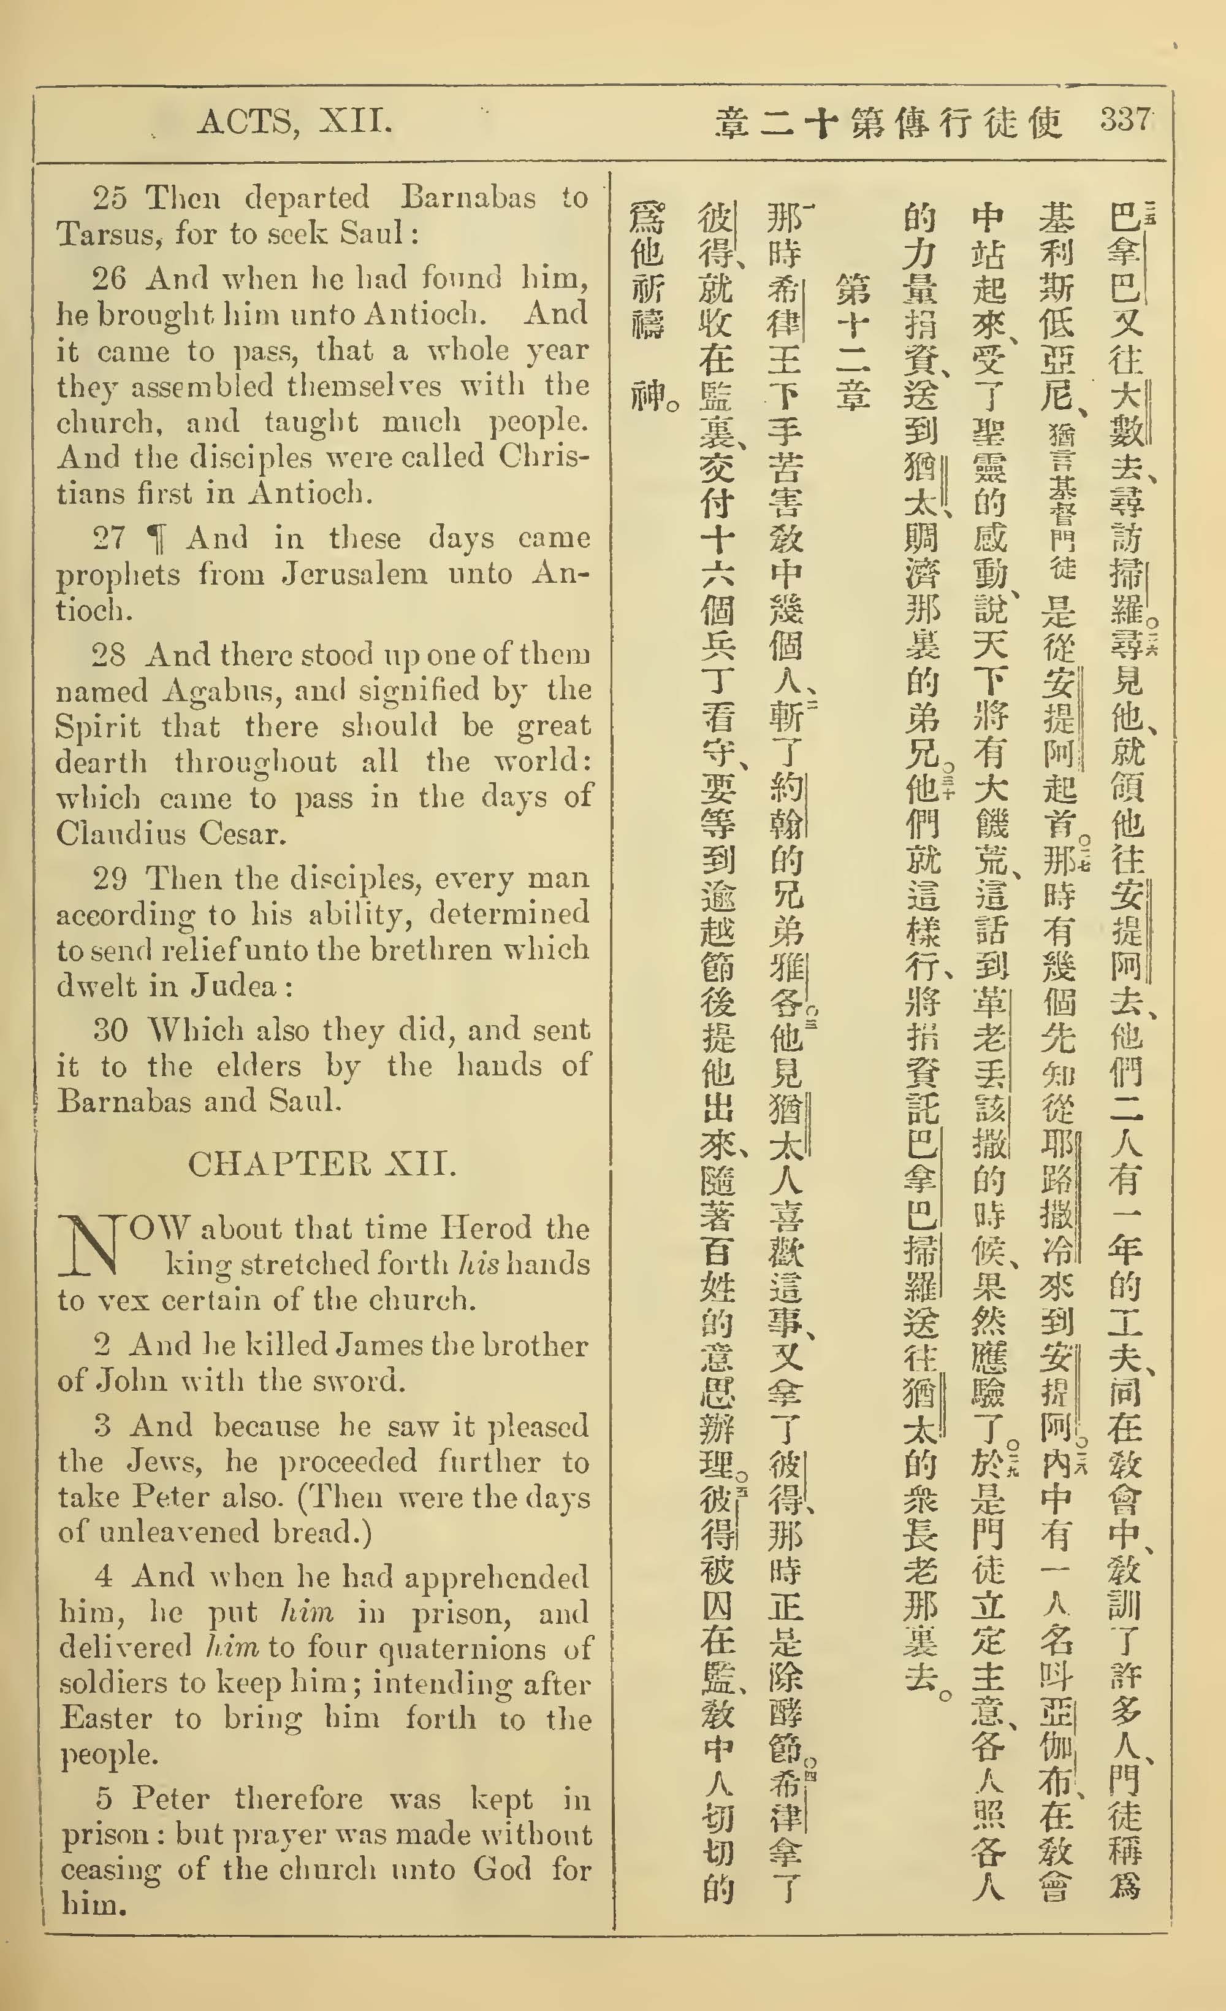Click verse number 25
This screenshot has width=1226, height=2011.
(x=109, y=198)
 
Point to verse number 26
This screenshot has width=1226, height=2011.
(x=109, y=279)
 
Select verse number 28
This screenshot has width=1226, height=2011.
(x=109, y=655)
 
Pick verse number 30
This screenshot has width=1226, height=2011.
(x=110, y=1030)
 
